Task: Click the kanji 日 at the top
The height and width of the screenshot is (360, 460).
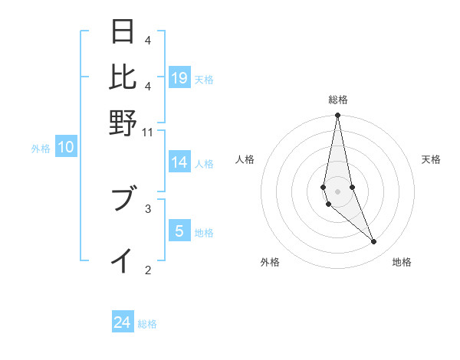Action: coord(123,32)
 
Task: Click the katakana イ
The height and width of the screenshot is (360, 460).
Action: coord(123,260)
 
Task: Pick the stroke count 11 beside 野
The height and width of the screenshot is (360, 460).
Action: coord(148,132)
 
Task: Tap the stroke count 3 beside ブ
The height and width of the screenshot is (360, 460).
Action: coord(148,208)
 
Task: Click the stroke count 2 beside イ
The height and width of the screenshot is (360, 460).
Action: coord(148,269)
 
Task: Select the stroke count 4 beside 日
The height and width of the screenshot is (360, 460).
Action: coord(148,40)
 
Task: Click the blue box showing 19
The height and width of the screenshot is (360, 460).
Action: coord(179,77)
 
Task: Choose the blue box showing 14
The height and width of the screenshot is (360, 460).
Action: coord(179,162)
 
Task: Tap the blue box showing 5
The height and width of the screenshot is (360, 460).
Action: coord(179,231)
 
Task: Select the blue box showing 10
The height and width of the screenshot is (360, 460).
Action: coord(66,148)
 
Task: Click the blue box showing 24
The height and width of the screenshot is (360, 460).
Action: coord(123,322)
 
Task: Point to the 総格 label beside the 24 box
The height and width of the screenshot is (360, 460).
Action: coord(147,324)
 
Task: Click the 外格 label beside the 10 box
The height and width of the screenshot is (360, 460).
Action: coord(41,149)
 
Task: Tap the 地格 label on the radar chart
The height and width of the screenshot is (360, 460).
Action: coord(402,263)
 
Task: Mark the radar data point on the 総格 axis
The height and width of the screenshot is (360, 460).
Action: coord(337,116)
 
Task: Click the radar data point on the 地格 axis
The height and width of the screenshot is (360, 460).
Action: coord(374,242)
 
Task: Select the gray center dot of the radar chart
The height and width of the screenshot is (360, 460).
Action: coord(337,191)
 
